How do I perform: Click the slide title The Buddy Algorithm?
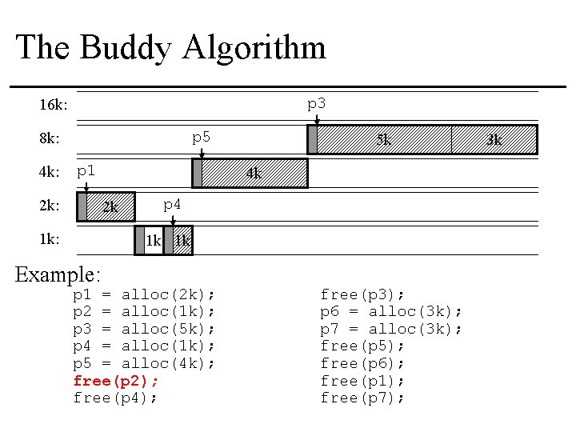(x=170, y=47)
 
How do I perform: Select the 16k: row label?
(x=54, y=106)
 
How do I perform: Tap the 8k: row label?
(x=50, y=138)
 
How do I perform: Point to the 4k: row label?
(x=50, y=172)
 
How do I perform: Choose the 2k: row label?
(x=50, y=206)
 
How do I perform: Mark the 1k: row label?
(x=50, y=239)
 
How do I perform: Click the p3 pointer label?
(x=317, y=104)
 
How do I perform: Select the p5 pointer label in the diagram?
(x=201, y=138)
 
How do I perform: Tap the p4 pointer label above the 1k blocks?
(x=172, y=205)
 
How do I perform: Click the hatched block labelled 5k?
(x=384, y=139)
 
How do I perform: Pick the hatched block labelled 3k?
(x=494, y=139)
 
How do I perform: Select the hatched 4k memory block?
(x=254, y=173)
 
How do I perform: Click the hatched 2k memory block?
(x=110, y=206)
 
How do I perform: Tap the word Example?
(x=58, y=274)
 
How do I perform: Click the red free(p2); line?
(x=115, y=380)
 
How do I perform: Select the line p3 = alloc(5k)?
(x=144, y=329)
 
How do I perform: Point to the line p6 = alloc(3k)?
(x=391, y=311)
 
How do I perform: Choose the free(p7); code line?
(x=362, y=398)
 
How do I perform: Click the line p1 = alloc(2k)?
(x=144, y=294)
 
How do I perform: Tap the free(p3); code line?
(x=362, y=294)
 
